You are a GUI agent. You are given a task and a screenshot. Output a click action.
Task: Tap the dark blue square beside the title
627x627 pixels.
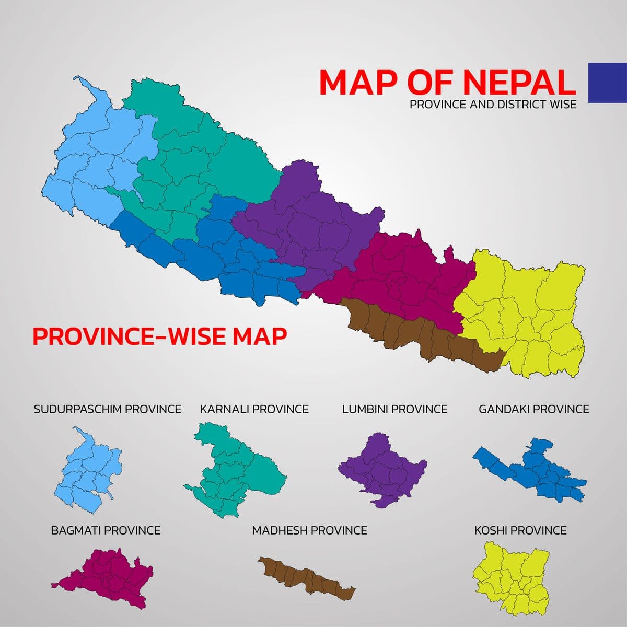[x=607, y=83]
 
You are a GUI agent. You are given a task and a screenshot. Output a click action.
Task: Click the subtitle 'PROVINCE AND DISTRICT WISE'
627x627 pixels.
[x=493, y=104]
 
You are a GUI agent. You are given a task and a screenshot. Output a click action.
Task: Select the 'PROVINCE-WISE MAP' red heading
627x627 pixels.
[x=159, y=336]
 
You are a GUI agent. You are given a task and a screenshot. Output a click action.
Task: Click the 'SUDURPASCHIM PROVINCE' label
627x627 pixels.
[x=107, y=409]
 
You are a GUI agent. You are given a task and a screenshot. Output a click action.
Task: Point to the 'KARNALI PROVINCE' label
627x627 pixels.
[x=254, y=409]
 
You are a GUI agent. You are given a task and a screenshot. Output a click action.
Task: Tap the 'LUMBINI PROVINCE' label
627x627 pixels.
[x=394, y=409]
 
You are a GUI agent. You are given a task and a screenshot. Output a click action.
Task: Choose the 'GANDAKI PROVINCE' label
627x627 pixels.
[x=533, y=409]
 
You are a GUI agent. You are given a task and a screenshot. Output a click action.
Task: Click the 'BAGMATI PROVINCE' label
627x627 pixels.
[x=106, y=530]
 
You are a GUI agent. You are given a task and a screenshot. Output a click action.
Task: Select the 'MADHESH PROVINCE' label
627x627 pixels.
[x=309, y=530]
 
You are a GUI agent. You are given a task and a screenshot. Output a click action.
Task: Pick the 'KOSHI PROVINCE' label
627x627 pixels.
[x=520, y=530]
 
